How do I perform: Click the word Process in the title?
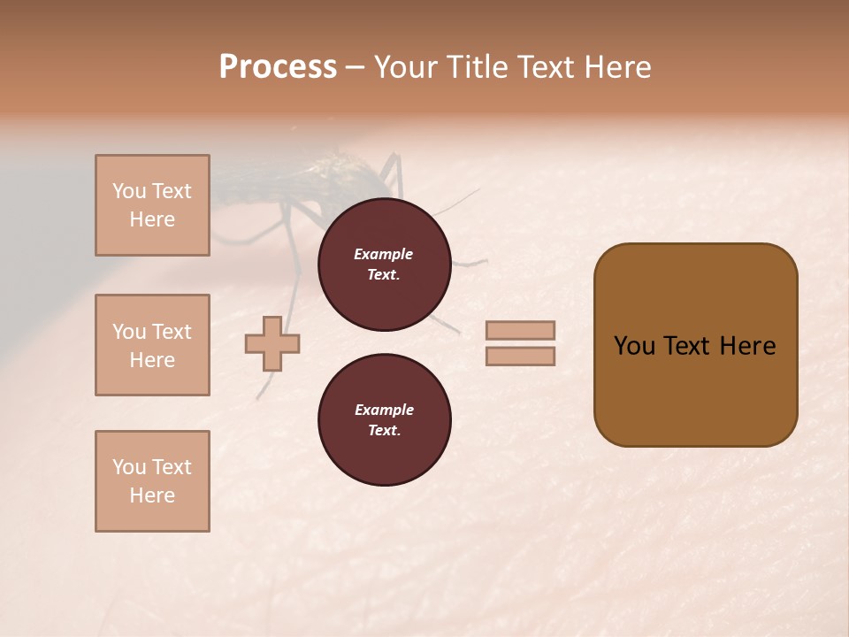278,67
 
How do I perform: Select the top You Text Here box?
152,205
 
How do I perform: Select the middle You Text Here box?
152,345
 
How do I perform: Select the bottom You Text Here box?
152,481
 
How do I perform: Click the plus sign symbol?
272,343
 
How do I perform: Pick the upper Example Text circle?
384,265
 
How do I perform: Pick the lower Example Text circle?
384,419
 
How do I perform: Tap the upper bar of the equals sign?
520,330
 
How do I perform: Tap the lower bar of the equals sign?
520,356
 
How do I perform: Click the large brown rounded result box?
695,345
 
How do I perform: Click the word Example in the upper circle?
384,254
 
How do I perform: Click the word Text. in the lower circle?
384,430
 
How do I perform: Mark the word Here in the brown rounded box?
747,346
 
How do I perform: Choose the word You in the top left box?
128,191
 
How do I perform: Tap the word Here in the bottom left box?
152,495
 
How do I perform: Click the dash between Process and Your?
356,67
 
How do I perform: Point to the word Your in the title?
407,67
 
